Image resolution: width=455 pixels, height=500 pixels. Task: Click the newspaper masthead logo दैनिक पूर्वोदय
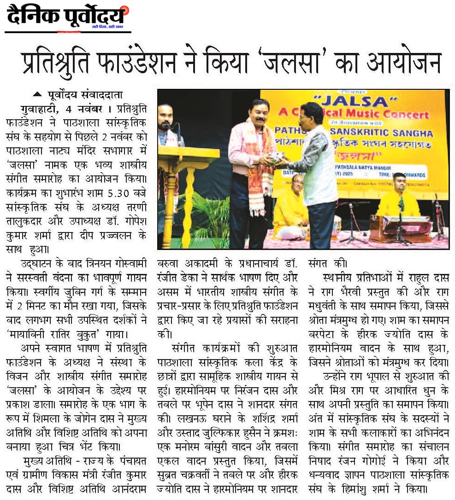[x=67, y=17]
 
